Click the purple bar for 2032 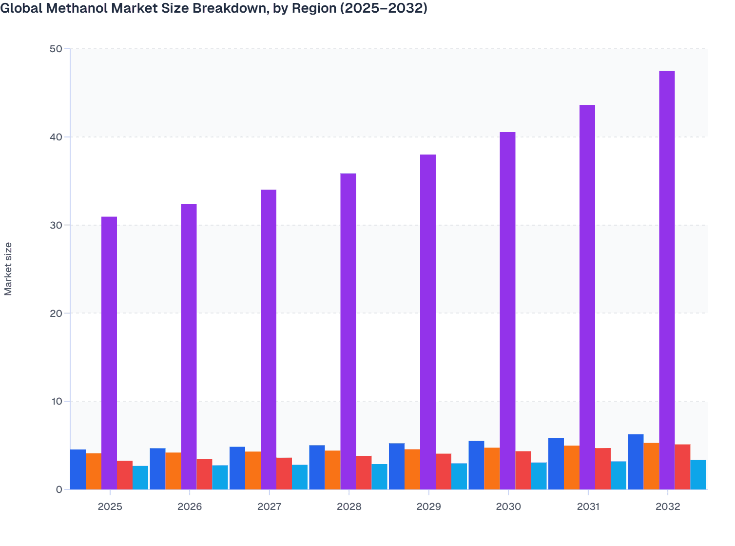pos(667,280)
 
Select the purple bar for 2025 pos(109,353)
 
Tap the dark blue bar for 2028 pos(317,467)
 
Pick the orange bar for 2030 pos(492,468)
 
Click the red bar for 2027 pos(284,473)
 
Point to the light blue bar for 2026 pos(220,477)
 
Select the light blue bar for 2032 pos(698,474)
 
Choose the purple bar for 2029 pos(428,322)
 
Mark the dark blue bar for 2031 pos(556,464)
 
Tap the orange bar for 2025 pos(94,471)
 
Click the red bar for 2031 pos(602,468)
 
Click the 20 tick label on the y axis pos(56,313)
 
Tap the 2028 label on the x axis pos(349,507)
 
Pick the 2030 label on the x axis pos(508,507)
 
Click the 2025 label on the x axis pos(110,507)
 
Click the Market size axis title pos(8,269)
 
